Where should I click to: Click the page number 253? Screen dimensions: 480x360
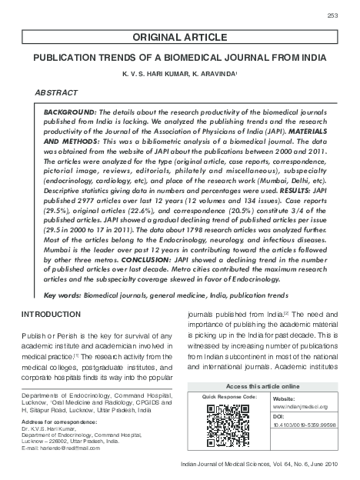tap(332, 15)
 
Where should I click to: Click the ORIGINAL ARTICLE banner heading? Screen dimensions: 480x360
tap(179, 37)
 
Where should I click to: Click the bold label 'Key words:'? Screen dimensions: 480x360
tap(61, 295)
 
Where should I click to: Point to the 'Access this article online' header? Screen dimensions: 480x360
tap(260, 385)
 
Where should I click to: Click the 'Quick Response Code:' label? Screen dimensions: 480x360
tap(228, 395)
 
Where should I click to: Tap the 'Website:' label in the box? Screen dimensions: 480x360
tap(284, 398)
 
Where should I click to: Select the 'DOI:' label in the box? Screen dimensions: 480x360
tap(278, 415)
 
